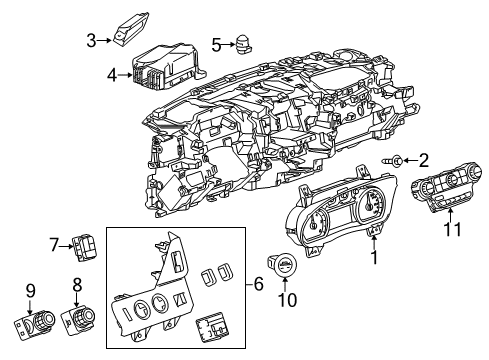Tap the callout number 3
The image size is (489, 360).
point(91,41)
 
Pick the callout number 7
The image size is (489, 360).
point(56,245)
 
